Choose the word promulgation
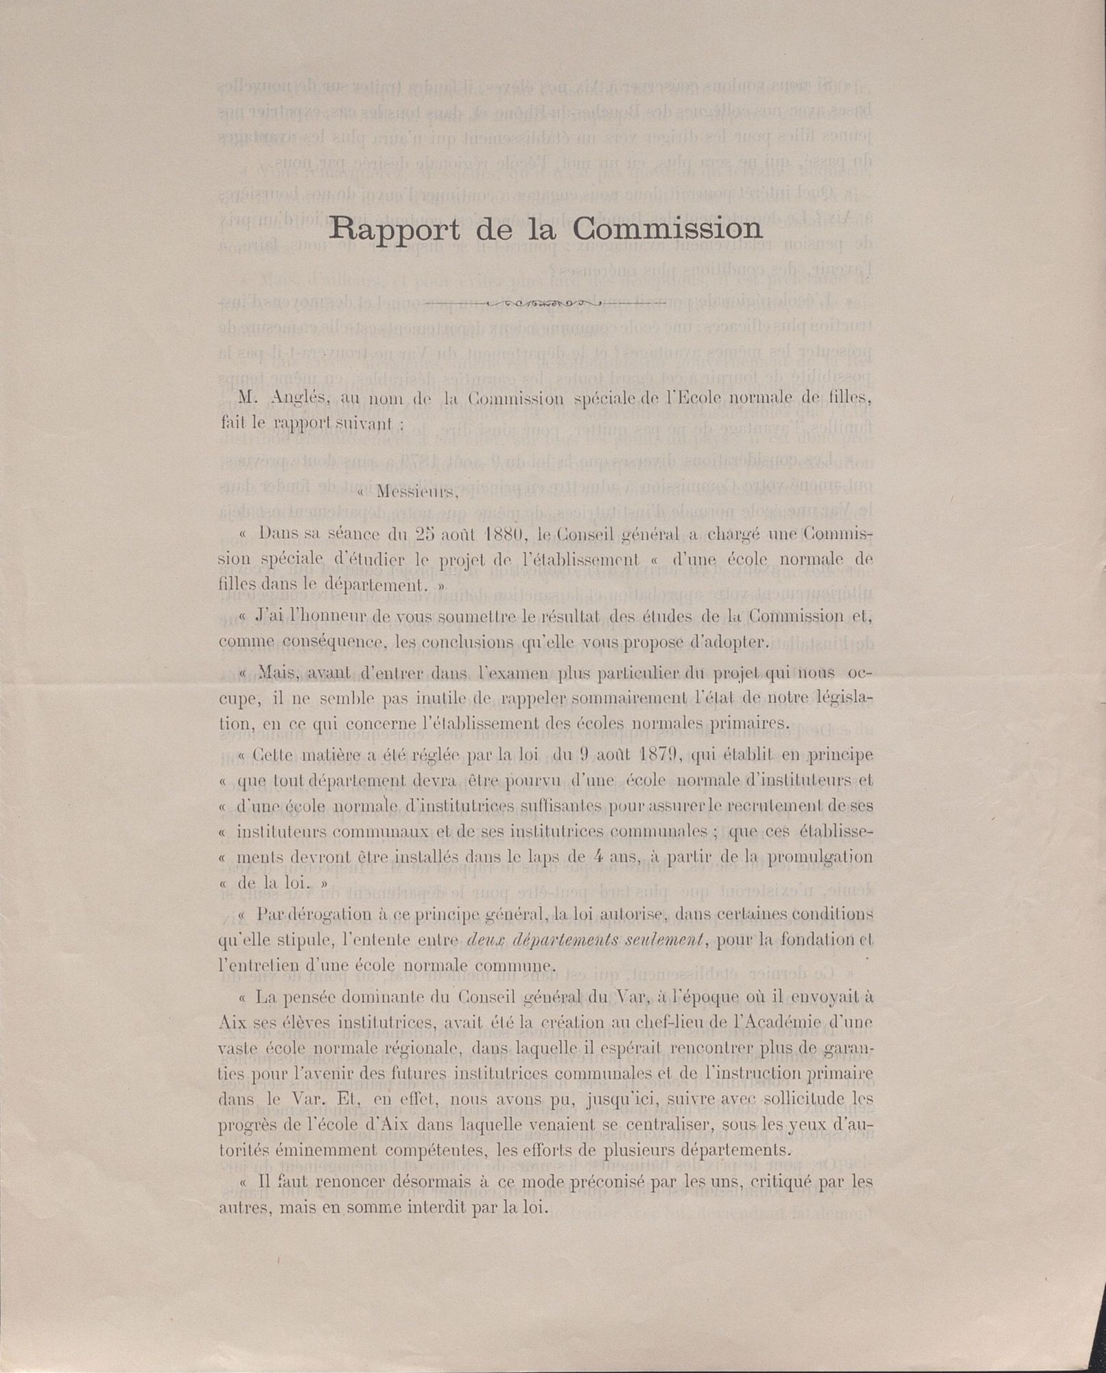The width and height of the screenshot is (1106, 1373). point(819,857)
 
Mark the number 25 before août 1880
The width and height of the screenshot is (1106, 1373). point(430,533)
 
